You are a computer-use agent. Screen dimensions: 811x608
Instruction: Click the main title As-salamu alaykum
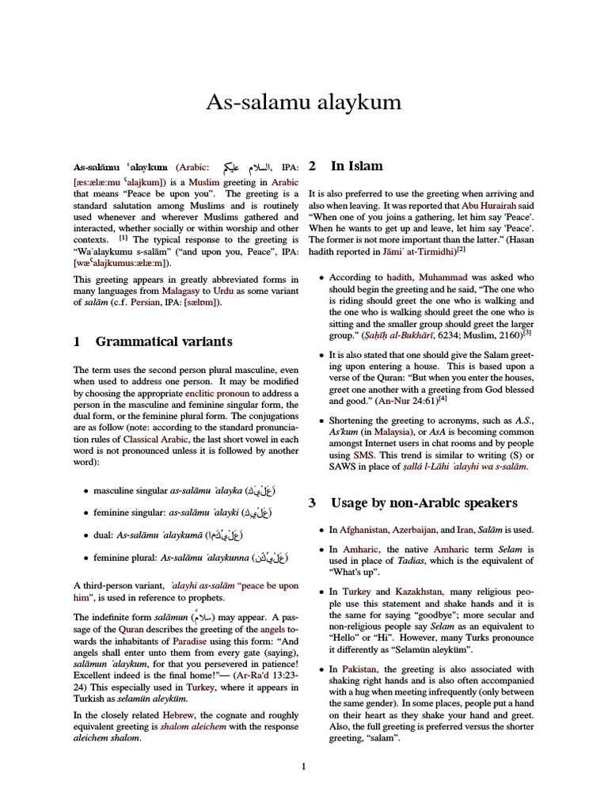pos(304,103)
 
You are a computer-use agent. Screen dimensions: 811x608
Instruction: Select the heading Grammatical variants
pos(164,341)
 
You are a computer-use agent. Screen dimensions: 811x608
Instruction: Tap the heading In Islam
pos(356,166)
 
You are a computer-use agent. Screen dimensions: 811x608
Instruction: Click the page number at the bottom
pos(303,766)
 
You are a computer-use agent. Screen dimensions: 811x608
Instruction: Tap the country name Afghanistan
pos(370,529)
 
